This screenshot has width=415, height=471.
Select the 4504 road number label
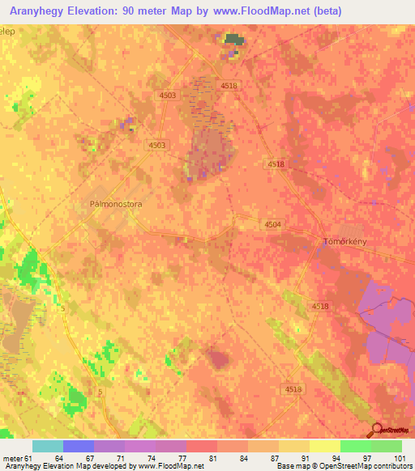coord(272,225)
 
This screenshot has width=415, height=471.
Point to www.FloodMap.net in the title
coord(262,11)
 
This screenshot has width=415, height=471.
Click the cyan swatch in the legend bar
coord(48,446)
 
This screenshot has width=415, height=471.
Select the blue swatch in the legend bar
coord(79,446)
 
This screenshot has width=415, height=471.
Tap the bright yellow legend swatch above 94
coord(324,446)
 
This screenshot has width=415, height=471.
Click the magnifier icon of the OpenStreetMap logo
coord(377,429)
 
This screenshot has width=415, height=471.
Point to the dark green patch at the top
coord(233,39)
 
